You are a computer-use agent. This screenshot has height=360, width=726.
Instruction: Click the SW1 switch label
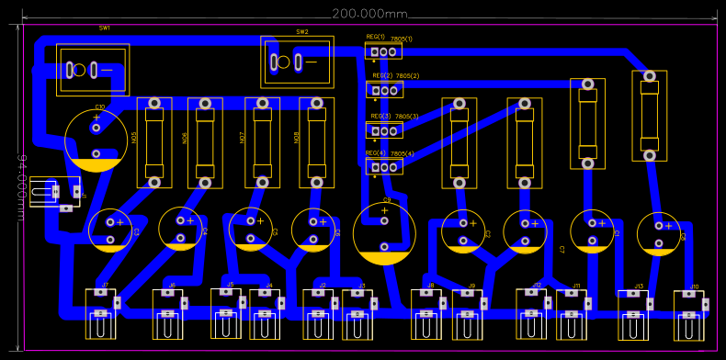(x=105, y=28)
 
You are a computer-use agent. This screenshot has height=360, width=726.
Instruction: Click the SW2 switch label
(x=302, y=31)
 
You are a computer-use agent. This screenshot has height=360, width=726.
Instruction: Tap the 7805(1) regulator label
(x=402, y=39)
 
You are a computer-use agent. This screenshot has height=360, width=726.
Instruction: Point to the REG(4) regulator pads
(x=384, y=166)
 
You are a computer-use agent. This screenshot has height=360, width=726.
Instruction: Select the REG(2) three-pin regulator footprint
(x=384, y=89)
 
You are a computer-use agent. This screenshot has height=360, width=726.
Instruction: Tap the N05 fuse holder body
(x=154, y=142)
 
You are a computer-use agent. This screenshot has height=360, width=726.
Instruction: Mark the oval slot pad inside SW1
(x=72, y=69)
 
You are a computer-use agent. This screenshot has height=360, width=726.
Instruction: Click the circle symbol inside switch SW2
(x=283, y=62)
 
